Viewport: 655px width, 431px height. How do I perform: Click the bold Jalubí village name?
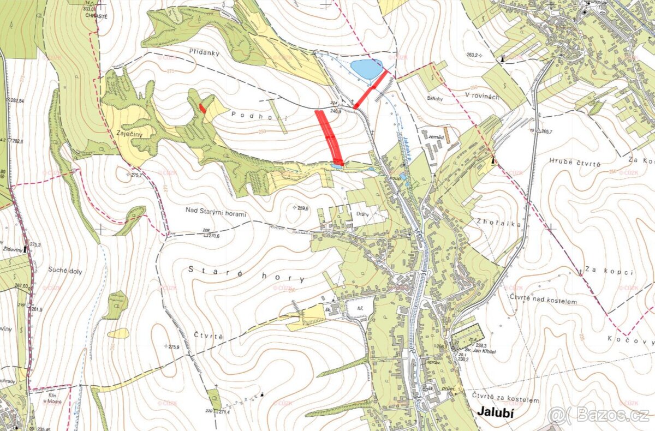pos(496,412)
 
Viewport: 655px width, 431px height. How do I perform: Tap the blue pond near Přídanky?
pos(366,69)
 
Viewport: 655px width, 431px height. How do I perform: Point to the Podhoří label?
pos(250,115)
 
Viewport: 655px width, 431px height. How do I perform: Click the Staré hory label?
pos(246,274)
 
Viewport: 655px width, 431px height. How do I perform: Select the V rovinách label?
pos(482,96)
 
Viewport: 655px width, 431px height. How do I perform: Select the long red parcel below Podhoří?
pos(329,137)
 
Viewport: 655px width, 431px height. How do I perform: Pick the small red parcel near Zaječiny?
pos(203,108)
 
